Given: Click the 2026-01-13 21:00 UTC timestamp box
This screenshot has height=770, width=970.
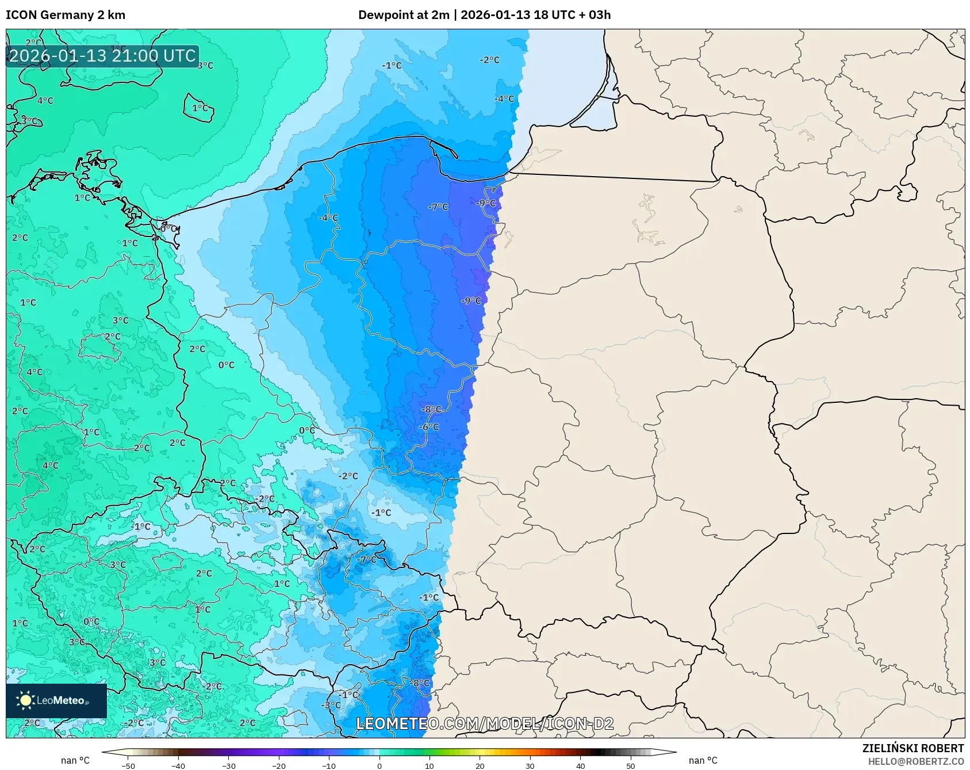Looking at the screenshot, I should [102, 56].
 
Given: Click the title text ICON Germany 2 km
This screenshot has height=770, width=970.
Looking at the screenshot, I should [66, 15].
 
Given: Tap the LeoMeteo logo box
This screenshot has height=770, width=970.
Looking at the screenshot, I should [56, 700].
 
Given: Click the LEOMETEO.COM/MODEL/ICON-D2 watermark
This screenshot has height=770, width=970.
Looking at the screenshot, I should [485, 723].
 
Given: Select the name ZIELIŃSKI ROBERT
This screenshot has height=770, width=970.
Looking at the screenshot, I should [913, 748].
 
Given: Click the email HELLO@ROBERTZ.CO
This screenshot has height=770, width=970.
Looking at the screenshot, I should [915, 761].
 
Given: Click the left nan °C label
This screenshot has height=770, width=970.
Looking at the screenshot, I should [75, 760].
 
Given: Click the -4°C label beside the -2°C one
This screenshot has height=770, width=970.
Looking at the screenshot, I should [504, 99].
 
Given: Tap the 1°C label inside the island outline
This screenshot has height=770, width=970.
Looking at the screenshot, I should [200, 108].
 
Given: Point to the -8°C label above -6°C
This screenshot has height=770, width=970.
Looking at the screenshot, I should [431, 409].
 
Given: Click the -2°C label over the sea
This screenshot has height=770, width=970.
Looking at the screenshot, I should [489, 60].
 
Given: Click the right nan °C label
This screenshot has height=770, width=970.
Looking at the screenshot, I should [703, 760].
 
